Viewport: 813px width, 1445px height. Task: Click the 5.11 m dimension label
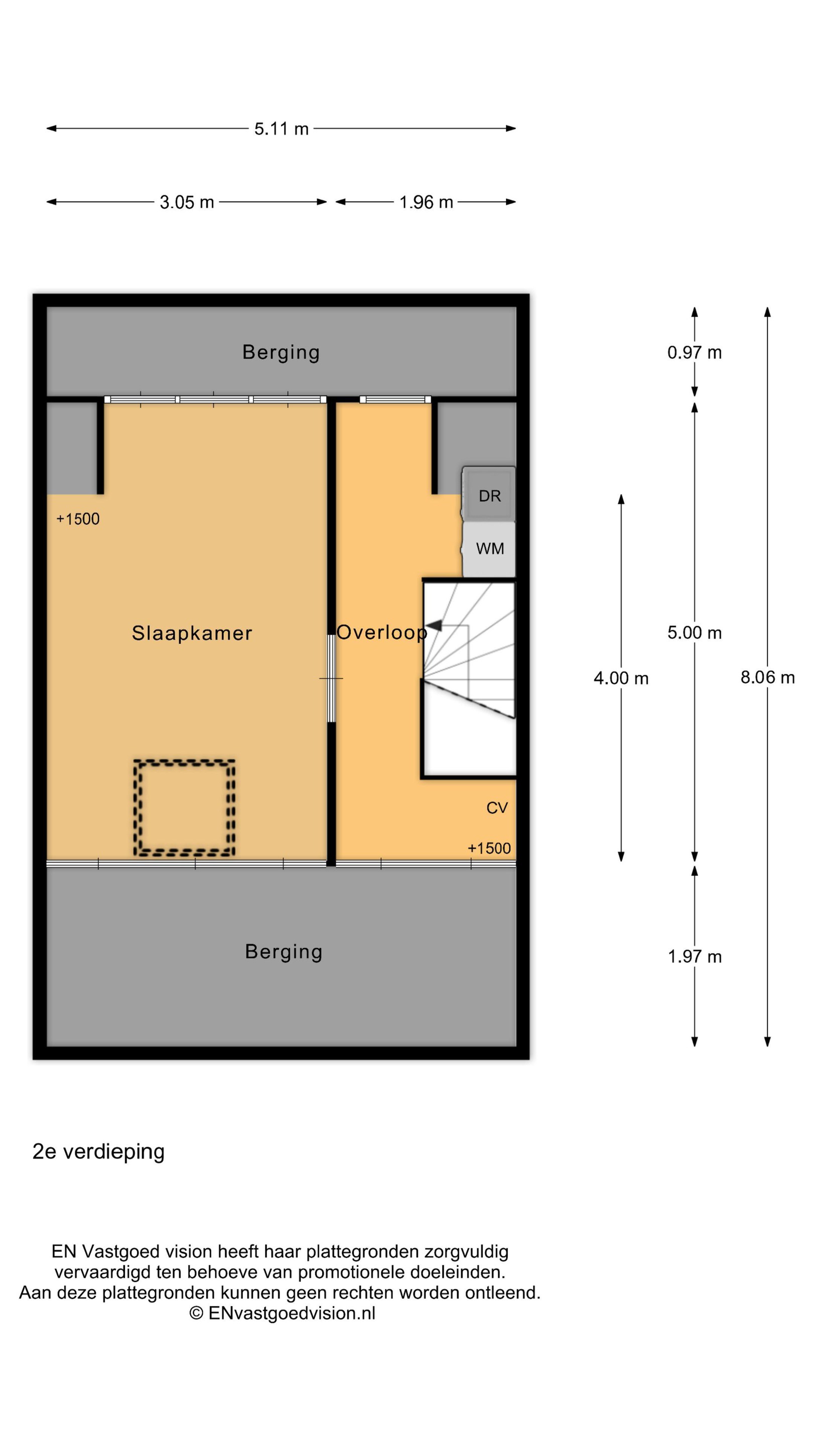tap(281, 128)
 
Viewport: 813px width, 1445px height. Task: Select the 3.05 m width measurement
tap(187, 202)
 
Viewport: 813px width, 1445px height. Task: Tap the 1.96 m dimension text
tap(426, 202)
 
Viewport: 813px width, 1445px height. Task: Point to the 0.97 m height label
tap(694, 352)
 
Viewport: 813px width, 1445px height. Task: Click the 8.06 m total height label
tap(767, 677)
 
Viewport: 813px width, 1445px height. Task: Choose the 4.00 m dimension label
tap(621, 678)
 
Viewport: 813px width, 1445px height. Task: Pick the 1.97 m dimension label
tap(694, 956)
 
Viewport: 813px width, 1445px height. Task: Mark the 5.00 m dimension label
tap(694, 633)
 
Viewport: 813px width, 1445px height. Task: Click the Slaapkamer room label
tap(192, 633)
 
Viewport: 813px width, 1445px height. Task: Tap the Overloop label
tap(381, 632)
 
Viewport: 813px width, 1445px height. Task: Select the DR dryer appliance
tap(489, 494)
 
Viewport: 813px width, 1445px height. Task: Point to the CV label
tap(496, 808)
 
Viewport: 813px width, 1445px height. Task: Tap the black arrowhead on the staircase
tap(434, 625)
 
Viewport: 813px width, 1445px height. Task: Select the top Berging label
tap(281, 352)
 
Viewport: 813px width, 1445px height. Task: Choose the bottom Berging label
tap(284, 951)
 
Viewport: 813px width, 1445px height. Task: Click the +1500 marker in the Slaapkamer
tap(78, 519)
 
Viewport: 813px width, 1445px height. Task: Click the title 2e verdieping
tap(99, 1151)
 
